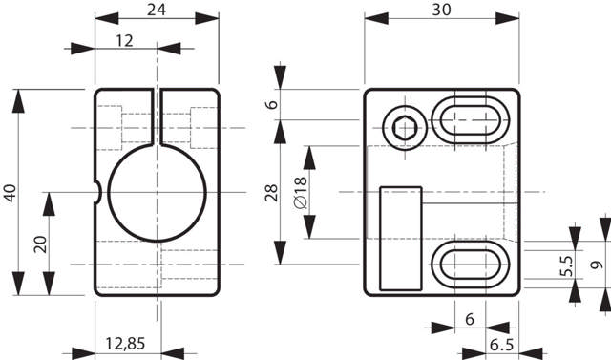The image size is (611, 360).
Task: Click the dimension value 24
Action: (x=157, y=10)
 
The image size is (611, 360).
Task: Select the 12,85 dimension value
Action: (x=125, y=343)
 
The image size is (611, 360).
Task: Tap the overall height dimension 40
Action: (x=11, y=193)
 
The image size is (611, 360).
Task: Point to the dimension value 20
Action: (x=40, y=244)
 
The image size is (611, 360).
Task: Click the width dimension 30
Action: (x=441, y=10)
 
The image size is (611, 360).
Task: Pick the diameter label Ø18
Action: (x=301, y=192)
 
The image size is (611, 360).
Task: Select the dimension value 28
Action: (x=271, y=193)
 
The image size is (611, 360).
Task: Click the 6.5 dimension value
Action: (x=502, y=345)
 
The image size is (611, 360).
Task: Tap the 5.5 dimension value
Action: (x=566, y=265)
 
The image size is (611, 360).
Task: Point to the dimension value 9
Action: (x=597, y=265)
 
